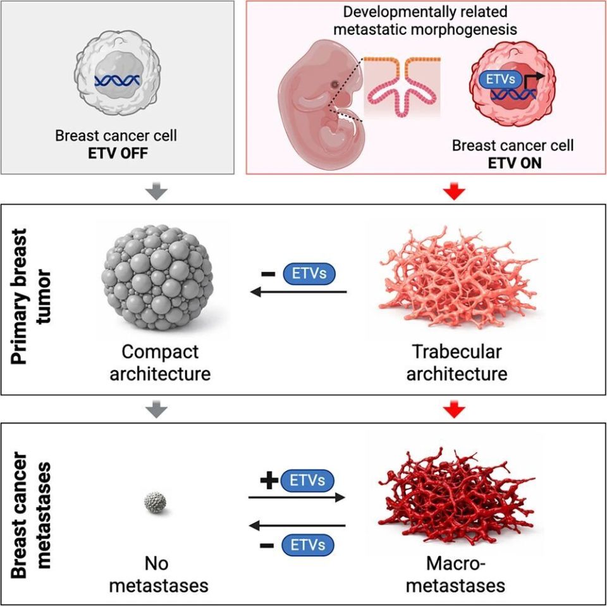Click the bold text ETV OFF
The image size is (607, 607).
click(x=118, y=153)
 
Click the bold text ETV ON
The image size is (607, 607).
click(x=515, y=163)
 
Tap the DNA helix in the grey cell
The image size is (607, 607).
click(x=117, y=80)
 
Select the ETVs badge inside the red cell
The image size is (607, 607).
click(x=501, y=80)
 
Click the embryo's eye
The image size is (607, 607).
click(x=334, y=84)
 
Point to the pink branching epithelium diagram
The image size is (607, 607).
click(x=402, y=86)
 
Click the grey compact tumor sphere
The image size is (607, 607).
click(x=157, y=278)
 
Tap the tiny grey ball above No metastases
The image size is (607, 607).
click(x=155, y=502)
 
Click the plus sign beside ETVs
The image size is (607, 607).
click(x=269, y=481)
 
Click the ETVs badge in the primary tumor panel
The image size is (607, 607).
click(x=309, y=274)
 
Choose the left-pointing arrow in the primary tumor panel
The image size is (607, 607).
click(x=298, y=292)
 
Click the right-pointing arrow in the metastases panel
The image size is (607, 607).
click(x=297, y=497)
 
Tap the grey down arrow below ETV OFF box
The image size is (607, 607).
click(x=156, y=192)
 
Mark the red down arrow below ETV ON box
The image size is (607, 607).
click(x=454, y=191)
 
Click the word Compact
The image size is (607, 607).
click(x=160, y=352)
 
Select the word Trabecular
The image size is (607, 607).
click(x=457, y=352)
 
